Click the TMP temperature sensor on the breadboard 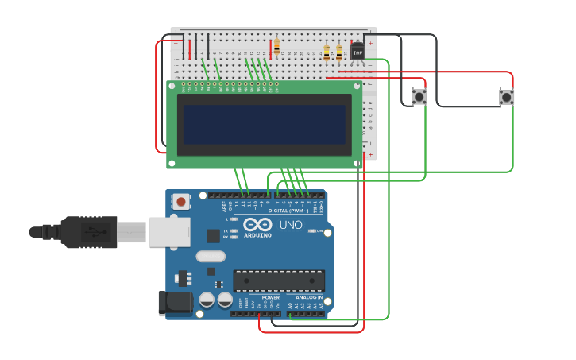pyautogui.click(x=358, y=52)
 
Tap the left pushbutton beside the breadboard pyautogui.click(x=419, y=97)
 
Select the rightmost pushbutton pyautogui.click(x=506, y=97)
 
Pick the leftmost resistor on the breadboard pyautogui.click(x=276, y=48)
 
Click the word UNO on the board pyautogui.click(x=291, y=225)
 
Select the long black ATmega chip pyautogui.click(x=278, y=281)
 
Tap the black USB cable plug pyautogui.click(x=87, y=232)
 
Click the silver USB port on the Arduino pyautogui.click(x=169, y=231)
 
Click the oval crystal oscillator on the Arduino pyautogui.click(x=211, y=256)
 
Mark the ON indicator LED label pyautogui.click(x=320, y=231)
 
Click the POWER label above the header pyautogui.click(x=270, y=297)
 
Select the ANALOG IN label pyautogui.click(x=309, y=297)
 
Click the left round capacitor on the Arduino pyautogui.click(x=206, y=300)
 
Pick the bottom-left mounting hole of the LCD pyautogui.click(x=172, y=164)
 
